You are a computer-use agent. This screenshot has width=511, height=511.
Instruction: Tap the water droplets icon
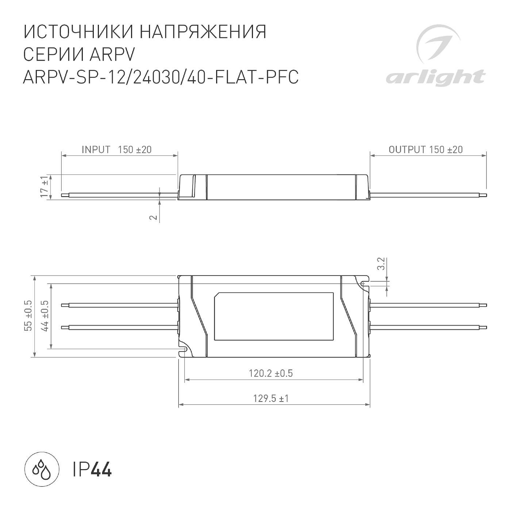pos(42,469)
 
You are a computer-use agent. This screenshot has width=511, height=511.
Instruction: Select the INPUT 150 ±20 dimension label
pos(116,150)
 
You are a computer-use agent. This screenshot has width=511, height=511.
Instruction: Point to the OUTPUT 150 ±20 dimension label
pos(426,150)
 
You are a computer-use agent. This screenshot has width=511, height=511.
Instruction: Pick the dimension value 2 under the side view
pos(154,217)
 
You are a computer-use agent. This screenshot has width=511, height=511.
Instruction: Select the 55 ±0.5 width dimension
pos(28,316)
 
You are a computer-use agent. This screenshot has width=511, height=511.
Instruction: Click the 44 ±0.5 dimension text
pos(45,316)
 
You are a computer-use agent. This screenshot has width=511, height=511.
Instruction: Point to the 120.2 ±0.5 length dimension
pos(271,373)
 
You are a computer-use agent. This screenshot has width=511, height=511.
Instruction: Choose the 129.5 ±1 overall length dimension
pos(271,398)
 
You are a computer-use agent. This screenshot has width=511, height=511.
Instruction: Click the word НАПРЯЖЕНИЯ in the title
pos(203,32)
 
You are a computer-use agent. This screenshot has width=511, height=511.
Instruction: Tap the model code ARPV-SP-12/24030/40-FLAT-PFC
pos(161,77)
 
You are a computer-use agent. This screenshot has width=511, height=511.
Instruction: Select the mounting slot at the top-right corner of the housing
pos(364,283)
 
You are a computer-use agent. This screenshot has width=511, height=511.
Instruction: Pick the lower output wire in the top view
pos(427,327)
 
